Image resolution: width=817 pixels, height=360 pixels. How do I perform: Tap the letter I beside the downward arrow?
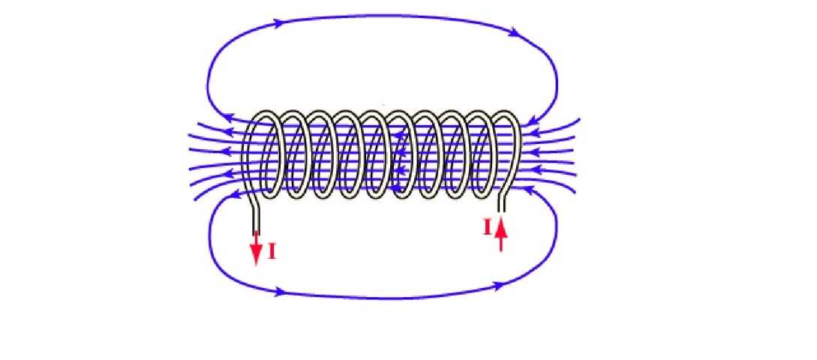[x=272, y=252]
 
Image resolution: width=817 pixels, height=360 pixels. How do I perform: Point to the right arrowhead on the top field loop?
[x=515, y=33]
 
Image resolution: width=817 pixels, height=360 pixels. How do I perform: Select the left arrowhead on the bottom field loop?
[x=281, y=291]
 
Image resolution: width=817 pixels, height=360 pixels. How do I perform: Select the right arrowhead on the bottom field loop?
[x=497, y=286]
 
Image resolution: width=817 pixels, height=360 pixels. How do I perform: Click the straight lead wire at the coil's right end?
[x=502, y=202]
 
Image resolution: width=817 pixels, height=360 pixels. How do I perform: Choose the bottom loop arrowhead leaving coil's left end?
[x=233, y=196]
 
